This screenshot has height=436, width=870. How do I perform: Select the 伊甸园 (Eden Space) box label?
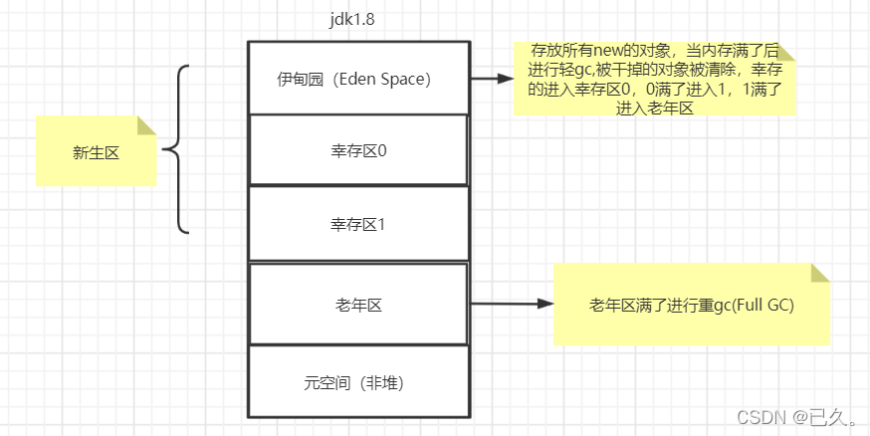pos(356,80)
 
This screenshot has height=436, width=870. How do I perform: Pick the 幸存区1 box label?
pos(358,225)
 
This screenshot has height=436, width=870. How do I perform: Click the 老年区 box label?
pos(358,305)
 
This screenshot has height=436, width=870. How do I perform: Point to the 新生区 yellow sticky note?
pos(96,151)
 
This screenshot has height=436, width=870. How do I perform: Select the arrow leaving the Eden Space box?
pos(490,78)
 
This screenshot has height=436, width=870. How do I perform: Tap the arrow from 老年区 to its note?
pos(510,305)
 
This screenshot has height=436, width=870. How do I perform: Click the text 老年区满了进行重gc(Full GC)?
pos(691,306)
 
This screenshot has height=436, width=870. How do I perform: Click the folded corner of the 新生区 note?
pos(146,124)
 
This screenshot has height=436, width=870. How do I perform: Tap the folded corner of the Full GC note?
pos(819,273)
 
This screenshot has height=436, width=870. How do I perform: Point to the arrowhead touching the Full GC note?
pos(544,305)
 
